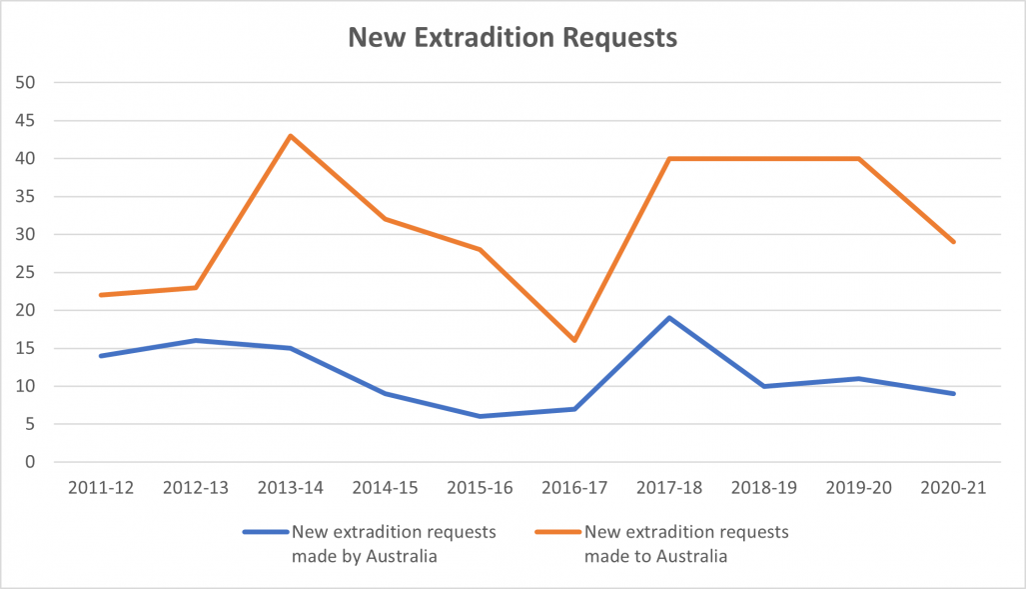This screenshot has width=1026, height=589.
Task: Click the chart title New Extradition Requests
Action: coord(512,38)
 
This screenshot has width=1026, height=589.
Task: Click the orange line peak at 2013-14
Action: coord(291,136)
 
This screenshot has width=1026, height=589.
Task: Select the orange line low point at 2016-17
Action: coord(574,341)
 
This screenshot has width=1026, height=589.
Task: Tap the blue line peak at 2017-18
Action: coord(669,318)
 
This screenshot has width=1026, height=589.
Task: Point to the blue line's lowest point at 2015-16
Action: coord(481,416)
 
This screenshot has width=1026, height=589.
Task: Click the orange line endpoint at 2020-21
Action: coord(953,242)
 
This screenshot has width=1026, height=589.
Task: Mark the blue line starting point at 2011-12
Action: coord(101,356)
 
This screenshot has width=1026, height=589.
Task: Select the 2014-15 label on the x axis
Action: coord(386,487)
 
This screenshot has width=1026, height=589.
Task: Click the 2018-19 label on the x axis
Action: coord(764,487)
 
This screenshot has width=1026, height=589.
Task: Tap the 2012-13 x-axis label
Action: coord(196,487)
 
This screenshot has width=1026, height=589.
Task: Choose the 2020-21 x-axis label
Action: coord(953,487)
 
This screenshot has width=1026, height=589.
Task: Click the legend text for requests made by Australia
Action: coord(393,544)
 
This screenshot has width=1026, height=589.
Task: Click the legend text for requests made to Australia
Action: coord(687,544)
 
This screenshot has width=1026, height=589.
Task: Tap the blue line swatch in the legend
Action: coord(264,532)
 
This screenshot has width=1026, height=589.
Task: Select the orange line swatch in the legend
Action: coord(557,532)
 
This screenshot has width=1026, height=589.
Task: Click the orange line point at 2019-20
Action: coord(858,158)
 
